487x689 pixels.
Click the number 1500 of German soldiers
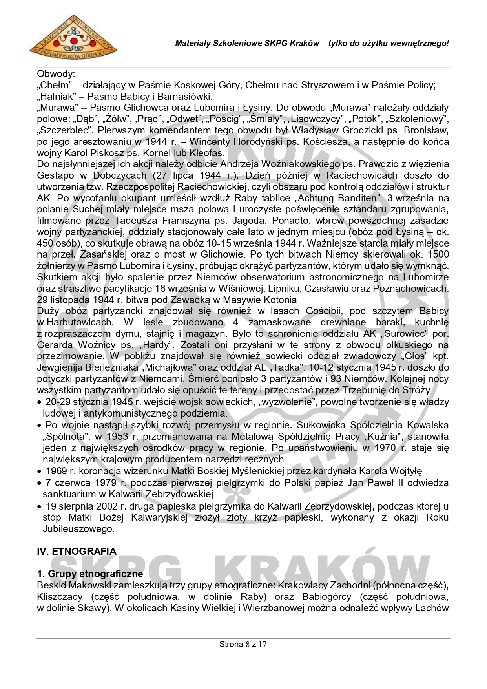pos(438,254)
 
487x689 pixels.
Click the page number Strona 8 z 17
pos(243,644)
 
